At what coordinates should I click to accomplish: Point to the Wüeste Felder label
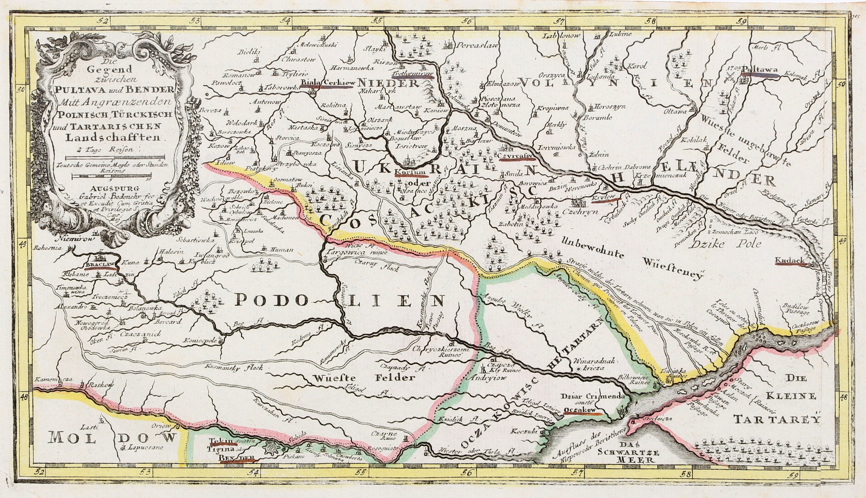pos(363,378)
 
